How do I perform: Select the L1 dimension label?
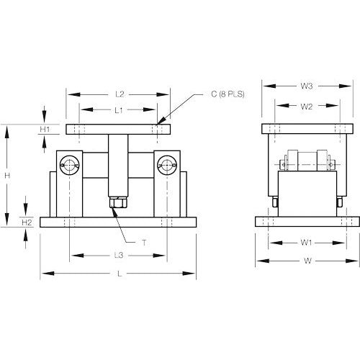coord(120,109)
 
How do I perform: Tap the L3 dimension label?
coord(120,256)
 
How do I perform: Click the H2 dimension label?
coord(27,222)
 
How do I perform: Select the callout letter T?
coord(143,243)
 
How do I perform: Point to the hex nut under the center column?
coord(118,204)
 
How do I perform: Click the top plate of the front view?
coord(120,130)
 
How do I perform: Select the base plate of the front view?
coord(120,222)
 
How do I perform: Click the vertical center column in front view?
coord(118,166)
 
